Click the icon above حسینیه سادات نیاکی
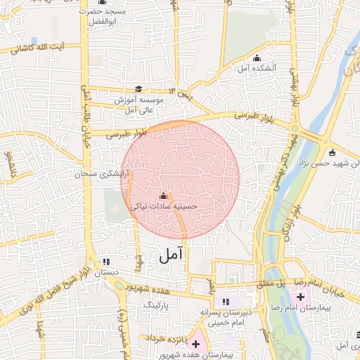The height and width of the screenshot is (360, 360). (165, 195)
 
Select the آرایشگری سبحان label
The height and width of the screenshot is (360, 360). (103, 173)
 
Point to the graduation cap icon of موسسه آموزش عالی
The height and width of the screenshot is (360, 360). (139, 89)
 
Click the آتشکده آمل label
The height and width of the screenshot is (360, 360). (256, 68)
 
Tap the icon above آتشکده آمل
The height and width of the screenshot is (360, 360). (257, 58)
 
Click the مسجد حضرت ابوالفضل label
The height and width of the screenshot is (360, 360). (102, 17)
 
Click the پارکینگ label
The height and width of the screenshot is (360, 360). (156, 307)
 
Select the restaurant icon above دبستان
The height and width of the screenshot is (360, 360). (105, 261)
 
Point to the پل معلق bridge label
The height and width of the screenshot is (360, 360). (269, 283)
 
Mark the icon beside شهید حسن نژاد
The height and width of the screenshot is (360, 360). (332, 153)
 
